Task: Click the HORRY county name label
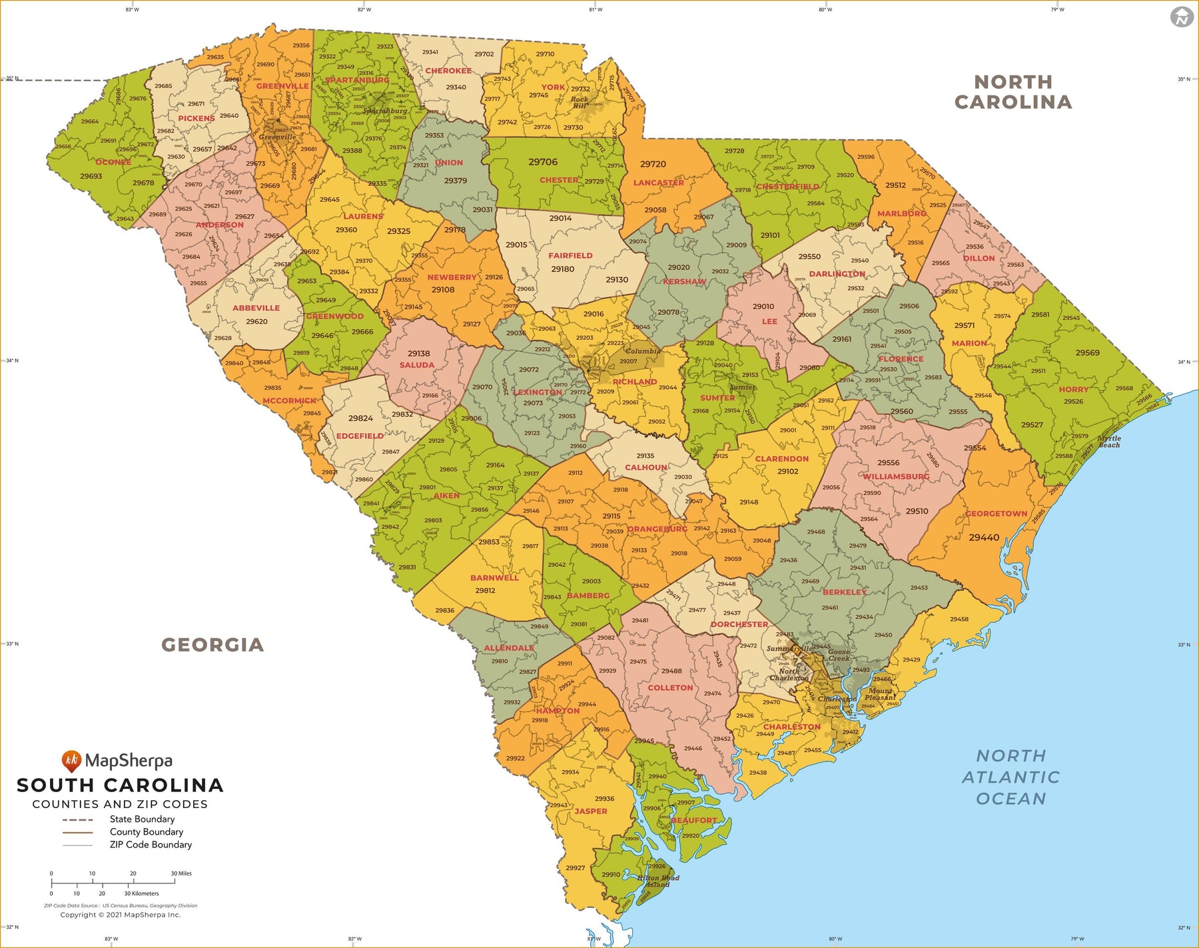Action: click(x=1073, y=389)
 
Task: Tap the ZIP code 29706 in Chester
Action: click(x=543, y=162)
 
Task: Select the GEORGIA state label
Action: click(x=212, y=645)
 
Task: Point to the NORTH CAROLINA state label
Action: click(x=1013, y=92)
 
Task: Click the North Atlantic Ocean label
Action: click(x=1010, y=777)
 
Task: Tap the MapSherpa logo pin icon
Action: click(x=71, y=761)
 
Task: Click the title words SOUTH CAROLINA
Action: click(x=120, y=785)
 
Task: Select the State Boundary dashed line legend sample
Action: click(x=78, y=819)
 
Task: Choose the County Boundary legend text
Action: click(x=147, y=832)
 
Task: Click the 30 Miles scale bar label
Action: click(x=181, y=873)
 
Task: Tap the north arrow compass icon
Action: click(x=1182, y=17)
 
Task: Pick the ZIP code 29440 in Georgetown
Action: click(x=984, y=537)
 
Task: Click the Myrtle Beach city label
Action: click(x=1109, y=442)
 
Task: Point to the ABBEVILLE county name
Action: click(x=256, y=308)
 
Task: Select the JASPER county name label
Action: click(x=591, y=811)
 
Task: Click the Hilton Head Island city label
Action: click(x=658, y=881)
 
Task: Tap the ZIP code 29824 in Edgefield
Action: click(x=360, y=418)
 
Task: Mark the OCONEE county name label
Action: click(x=113, y=162)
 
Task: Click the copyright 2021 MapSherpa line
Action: click(x=121, y=915)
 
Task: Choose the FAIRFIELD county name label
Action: click(x=570, y=255)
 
